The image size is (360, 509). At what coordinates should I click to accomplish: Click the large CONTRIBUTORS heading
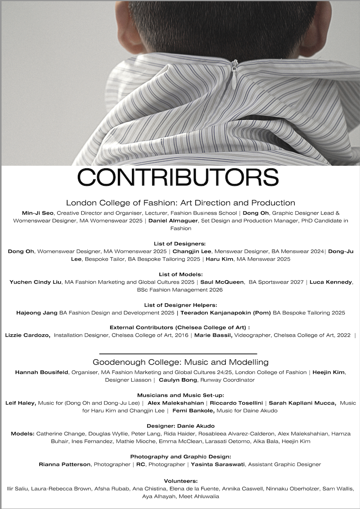(178, 177)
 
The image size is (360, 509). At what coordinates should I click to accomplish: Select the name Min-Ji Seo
(38, 213)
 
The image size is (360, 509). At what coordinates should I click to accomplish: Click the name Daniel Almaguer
(173, 221)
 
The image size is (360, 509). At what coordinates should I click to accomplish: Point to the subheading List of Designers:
(180, 243)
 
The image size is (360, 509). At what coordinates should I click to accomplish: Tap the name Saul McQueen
(222, 282)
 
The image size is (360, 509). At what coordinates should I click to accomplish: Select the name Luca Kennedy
(331, 282)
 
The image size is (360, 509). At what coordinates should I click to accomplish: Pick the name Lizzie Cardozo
(27, 335)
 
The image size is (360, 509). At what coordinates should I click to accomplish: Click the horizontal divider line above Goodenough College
(178, 354)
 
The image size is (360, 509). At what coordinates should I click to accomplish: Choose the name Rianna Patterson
(64, 464)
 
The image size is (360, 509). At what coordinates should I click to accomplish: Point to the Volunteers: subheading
(180, 481)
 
